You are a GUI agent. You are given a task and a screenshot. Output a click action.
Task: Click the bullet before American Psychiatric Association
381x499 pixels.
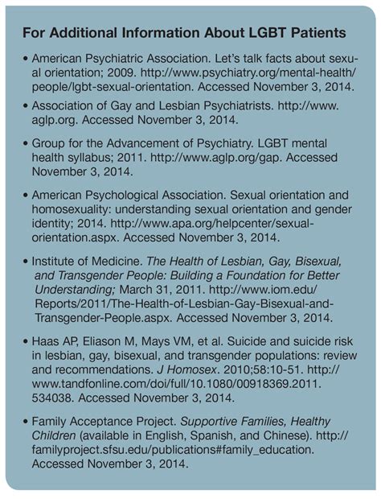coord(27,61)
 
